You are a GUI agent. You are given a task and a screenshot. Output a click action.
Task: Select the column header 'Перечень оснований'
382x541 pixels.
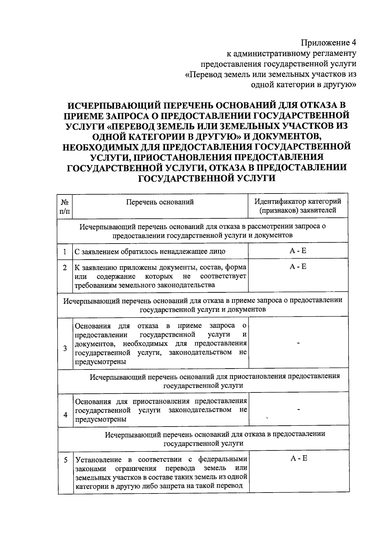coord(160,202)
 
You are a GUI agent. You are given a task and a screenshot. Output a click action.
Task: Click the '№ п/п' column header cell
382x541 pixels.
coord(65,206)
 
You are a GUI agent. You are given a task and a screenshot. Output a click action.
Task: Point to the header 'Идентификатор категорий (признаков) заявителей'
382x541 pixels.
coord(298,206)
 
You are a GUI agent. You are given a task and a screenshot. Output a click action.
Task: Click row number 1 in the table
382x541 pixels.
coord(65,252)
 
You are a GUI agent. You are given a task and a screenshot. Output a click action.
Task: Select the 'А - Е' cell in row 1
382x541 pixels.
coord(298,251)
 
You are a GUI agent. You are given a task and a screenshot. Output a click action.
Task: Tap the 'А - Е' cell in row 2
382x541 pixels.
coord(298,267)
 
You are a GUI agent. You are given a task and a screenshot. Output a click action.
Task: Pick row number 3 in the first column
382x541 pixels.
coord(65,348)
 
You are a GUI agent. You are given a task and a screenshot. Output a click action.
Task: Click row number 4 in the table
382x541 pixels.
coord(65,415)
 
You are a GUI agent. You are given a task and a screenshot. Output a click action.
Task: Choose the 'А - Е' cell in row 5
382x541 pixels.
coord(299,458)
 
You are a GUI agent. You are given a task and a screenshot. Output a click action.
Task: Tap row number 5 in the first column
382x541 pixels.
coord(66,460)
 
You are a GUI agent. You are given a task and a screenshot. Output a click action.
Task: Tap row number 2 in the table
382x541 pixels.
coord(65,268)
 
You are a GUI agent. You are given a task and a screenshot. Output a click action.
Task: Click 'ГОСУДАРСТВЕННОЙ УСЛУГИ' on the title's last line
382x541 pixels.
coord(207,178)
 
